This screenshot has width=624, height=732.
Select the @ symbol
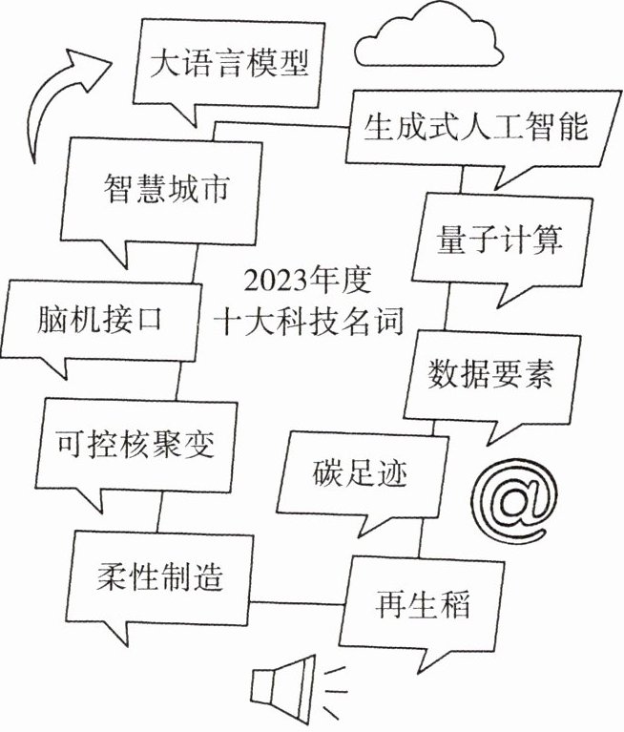point(514,500)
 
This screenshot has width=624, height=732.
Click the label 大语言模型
point(229,64)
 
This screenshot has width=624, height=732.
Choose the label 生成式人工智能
point(475,126)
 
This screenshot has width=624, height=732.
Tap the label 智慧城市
point(167,189)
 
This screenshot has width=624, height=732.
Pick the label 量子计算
point(499,240)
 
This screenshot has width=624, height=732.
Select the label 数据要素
point(491,373)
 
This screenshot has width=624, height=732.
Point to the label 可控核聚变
point(135,444)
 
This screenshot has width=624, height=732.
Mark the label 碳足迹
point(360,473)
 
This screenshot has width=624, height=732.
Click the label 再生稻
point(423,604)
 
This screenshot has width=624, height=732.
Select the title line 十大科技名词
point(309,322)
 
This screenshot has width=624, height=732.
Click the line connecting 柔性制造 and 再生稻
point(297,603)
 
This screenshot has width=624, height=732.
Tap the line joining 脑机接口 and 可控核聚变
point(179,381)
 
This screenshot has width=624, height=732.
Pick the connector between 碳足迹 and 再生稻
point(421,537)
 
